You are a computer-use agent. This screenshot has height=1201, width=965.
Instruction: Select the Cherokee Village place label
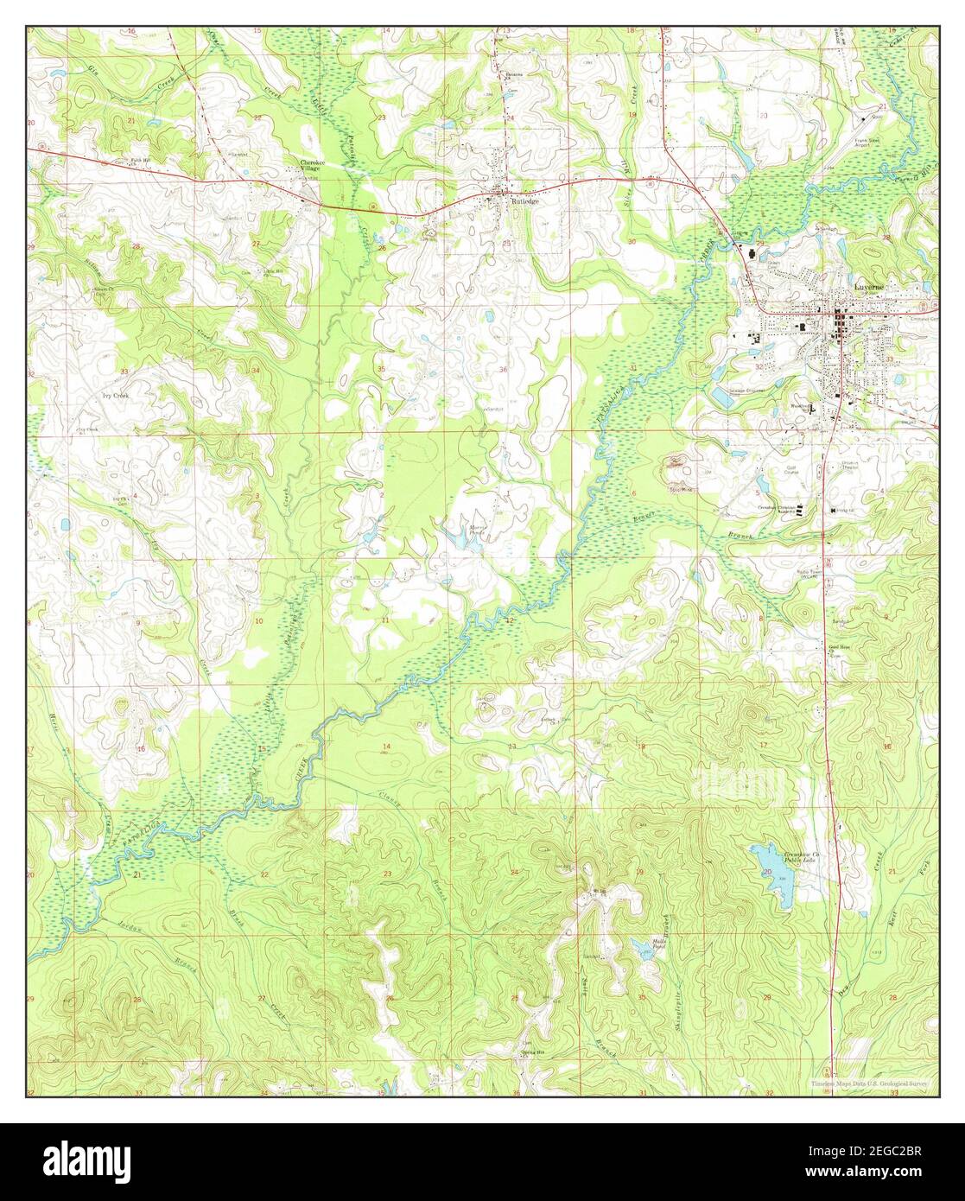point(309,165)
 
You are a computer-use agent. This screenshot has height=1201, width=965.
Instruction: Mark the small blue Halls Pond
point(644,950)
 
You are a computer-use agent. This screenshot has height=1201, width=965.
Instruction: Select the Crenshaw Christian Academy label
point(776,509)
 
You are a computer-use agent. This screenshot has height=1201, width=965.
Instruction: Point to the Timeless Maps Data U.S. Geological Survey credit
point(871,1083)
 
